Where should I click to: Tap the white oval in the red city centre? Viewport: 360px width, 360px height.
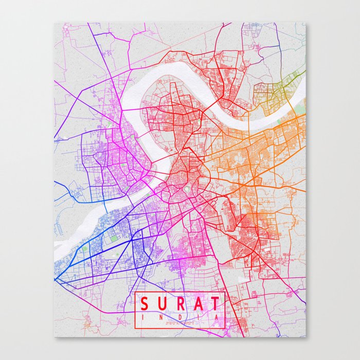click(x=184, y=190)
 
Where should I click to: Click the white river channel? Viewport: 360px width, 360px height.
click(x=154, y=77)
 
